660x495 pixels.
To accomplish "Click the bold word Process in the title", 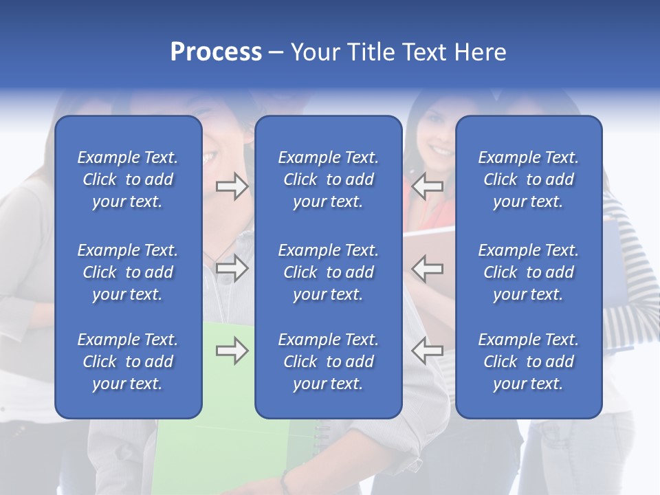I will coord(216,52).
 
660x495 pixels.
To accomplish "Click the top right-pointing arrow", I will coord(232,186).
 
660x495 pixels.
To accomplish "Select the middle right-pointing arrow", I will coord(232,267).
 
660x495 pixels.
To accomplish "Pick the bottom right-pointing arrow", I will coord(232,351).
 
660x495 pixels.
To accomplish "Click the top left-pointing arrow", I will coord(428,186).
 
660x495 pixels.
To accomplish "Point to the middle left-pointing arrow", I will coord(428,267).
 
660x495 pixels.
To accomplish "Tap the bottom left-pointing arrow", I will coord(428,351).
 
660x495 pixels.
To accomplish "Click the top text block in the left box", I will coord(128,179).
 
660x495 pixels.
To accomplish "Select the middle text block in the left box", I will coord(128,272).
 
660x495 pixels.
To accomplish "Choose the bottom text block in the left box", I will coord(128,362).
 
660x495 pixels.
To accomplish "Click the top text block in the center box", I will coord(328,179).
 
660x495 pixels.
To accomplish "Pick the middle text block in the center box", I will coord(328,272).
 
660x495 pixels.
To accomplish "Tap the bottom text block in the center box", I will coord(328,362).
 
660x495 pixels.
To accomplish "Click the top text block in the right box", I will coord(528,179).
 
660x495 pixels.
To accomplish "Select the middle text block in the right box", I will coord(528,272).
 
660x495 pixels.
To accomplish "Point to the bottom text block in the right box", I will coord(528,362).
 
